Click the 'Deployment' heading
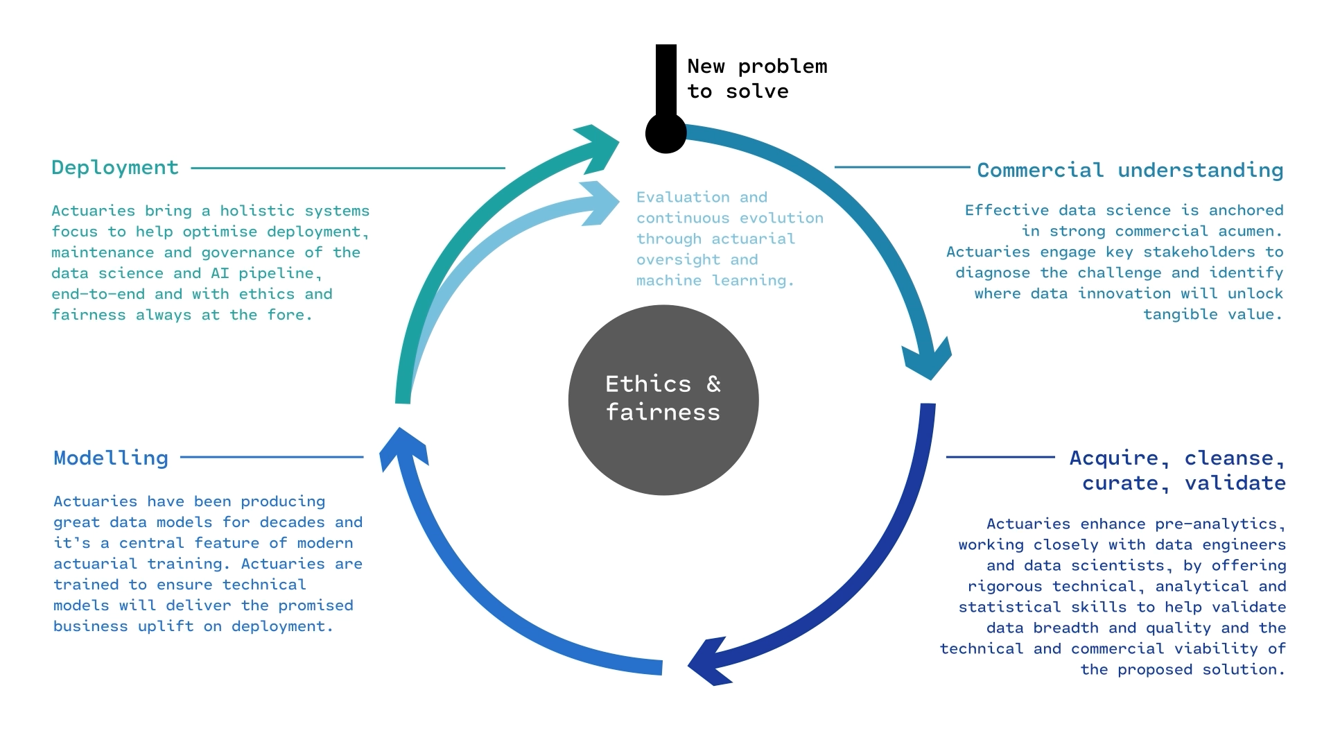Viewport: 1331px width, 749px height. (x=115, y=168)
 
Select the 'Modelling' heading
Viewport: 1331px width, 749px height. (x=111, y=458)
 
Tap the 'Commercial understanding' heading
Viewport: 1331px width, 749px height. (x=1130, y=170)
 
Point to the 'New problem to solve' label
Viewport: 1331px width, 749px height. (x=756, y=78)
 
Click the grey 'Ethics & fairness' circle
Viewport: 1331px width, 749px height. (x=663, y=399)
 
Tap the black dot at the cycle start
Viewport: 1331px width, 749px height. (x=665, y=133)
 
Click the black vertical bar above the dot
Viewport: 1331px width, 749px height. (x=666, y=80)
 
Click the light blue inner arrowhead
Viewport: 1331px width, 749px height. (x=600, y=203)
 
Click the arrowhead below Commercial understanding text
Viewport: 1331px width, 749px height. (x=928, y=358)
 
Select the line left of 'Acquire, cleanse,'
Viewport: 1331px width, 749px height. (x=1000, y=457)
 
